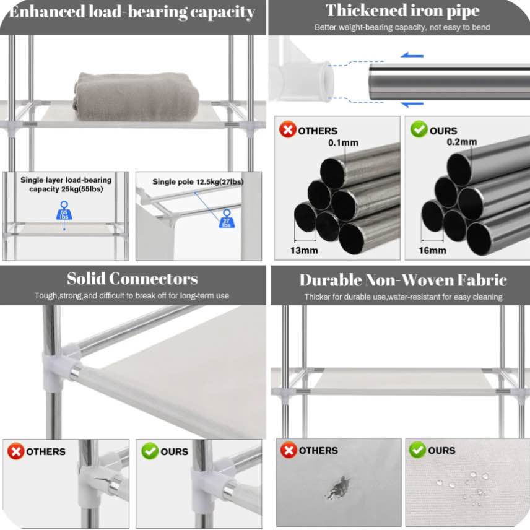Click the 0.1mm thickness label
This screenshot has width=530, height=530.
pyautogui.click(x=343, y=143)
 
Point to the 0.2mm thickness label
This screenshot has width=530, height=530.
pyautogui.click(x=462, y=142)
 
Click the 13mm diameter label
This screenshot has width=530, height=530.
pyautogui.click(x=305, y=250)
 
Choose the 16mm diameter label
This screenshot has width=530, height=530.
pyautogui.click(x=432, y=250)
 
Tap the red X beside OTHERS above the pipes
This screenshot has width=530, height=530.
pyautogui.click(x=287, y=130)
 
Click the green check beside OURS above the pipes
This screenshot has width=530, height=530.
pyautogui.click(x=419, y=130)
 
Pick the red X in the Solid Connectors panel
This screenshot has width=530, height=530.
pyautogui.click(x=15, y=451)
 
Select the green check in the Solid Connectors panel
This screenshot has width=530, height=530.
pyautogui.click(x=149, y=451)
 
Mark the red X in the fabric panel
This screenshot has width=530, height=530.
pyautogui.click(x=289, y=450)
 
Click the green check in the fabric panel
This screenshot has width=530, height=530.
pyautogui.click(x=417, y=450)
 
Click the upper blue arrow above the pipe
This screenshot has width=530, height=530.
pyautogui.click(x=411, y=56)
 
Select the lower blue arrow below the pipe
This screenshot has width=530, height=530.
pyautogui.click(x=411, y=104)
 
